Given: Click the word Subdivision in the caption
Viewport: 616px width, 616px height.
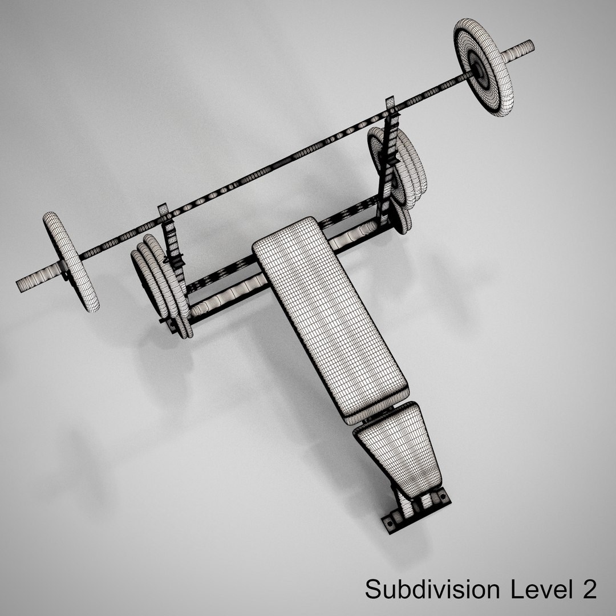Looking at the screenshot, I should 432,589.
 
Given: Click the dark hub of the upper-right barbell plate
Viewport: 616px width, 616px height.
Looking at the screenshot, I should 478,68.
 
